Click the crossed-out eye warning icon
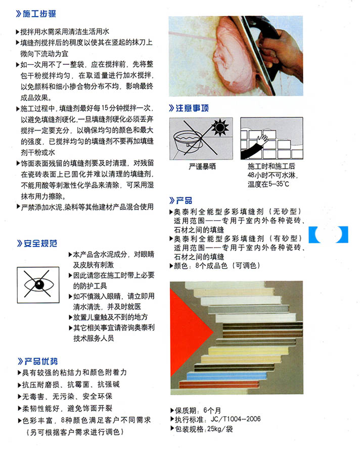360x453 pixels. coord(38,285)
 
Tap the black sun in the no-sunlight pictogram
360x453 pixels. coord(220,127)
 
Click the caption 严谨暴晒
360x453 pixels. coord(202,167)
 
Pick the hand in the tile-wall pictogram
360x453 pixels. coord(263,141)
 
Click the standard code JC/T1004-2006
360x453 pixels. coord(236,419)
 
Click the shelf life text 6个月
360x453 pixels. coord(212,410)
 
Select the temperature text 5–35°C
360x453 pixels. coord(279,184)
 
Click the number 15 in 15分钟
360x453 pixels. coord(105,108)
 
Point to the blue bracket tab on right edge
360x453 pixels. coord(328,234)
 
